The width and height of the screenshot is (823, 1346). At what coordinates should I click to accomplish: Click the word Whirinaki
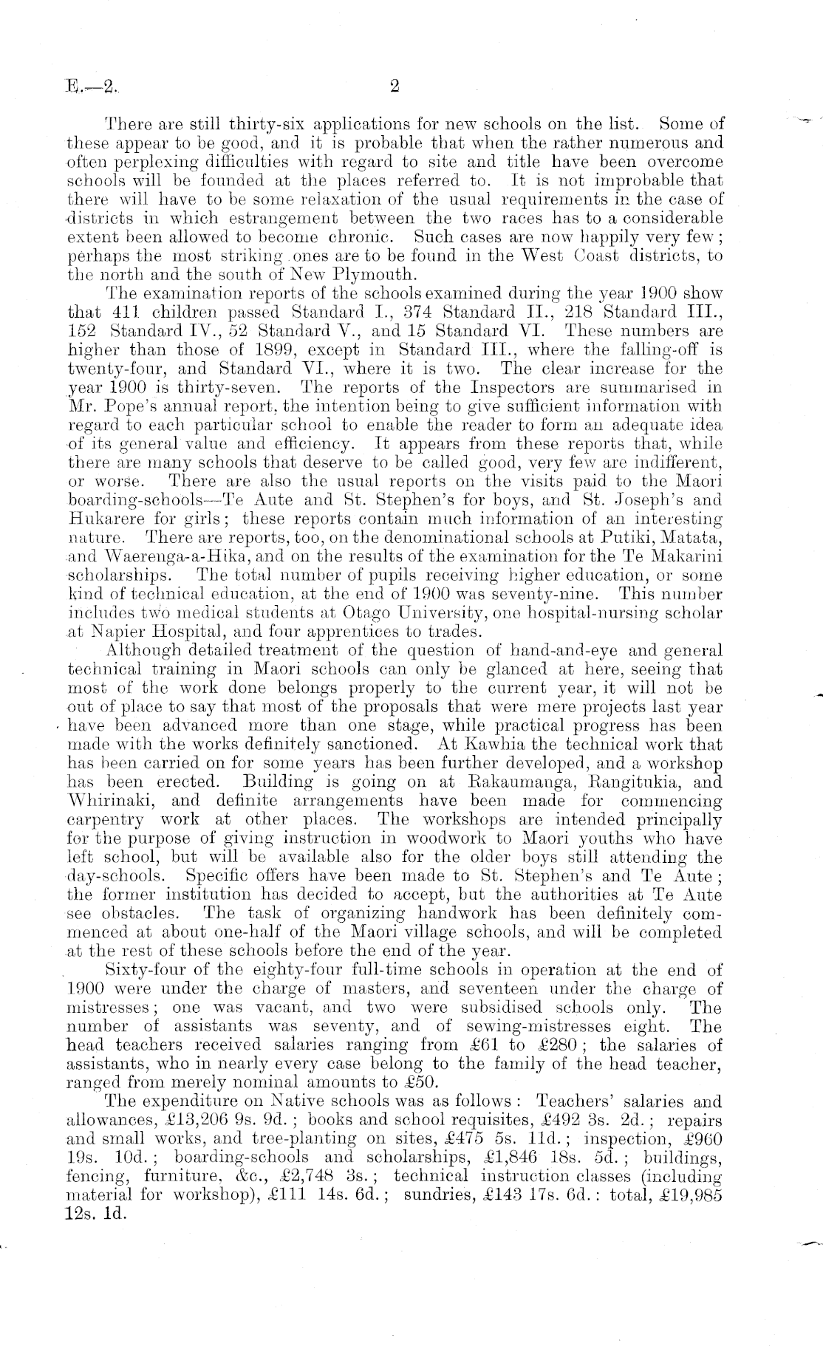pyautogui.click(x=109, y=800)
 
